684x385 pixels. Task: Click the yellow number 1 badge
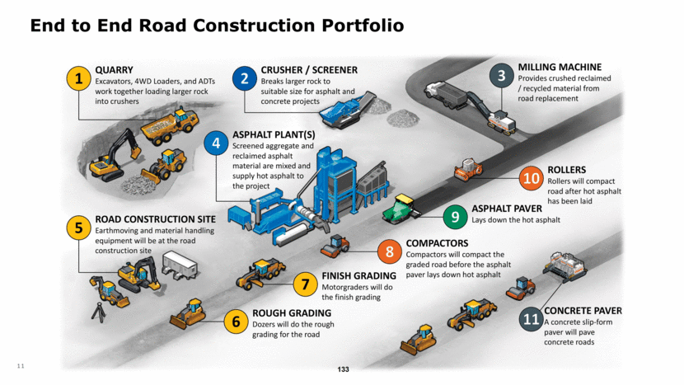tap(78, 79)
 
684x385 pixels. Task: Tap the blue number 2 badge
tap(244, 79)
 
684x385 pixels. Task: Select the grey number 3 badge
tap(501, 77)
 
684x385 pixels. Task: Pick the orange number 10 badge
tap(532, 177)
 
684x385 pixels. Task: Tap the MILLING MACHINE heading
tap(560, 67)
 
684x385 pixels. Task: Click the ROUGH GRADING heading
tap(292, 312)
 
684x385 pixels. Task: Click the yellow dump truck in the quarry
tap(169, 128)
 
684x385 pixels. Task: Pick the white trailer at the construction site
tap(179, 263)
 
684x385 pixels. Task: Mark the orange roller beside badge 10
tap(468, 170)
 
